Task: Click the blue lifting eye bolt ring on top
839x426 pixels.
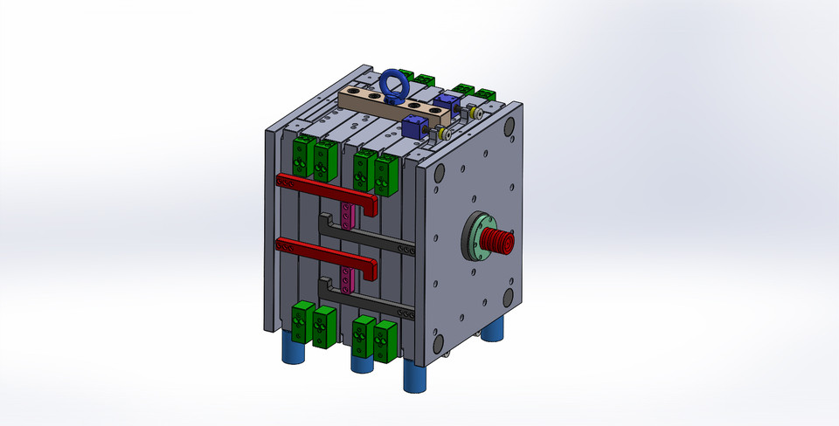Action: [392, 86]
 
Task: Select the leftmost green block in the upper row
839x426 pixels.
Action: [303, 155]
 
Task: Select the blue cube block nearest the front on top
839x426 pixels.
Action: [413, 127]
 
